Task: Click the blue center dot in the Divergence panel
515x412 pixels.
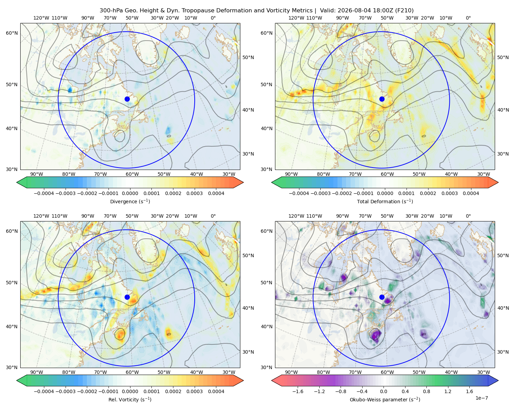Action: (x=127, y=99)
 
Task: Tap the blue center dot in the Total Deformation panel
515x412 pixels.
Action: (x=382, y=99)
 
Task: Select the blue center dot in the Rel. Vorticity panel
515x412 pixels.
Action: (x=127, y=297)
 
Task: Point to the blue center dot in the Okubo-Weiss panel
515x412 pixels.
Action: (x=382, y=297)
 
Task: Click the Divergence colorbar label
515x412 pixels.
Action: (x=130, y=202)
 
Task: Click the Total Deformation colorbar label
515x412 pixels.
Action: (x=385, y=202)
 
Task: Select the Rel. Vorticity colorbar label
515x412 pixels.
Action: (x=130, y=400)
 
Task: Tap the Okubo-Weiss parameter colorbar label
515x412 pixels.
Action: (x=385, y=400)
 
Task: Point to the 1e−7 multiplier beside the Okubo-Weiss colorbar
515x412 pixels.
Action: (x=481, y=398)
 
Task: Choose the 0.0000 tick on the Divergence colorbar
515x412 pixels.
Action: (x=130, y=193)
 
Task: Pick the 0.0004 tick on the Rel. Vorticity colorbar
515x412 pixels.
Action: (x=216, y=391)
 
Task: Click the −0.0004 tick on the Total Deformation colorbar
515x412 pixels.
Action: (x=299, y=193)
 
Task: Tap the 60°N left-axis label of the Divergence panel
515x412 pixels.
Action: (x=12, y=33)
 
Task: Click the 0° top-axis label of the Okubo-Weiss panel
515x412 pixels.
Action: (x=468, y=216)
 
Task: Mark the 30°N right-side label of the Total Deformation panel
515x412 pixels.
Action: (x=503, y=154)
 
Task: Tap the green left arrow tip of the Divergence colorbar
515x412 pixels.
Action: (x=17, y=182)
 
